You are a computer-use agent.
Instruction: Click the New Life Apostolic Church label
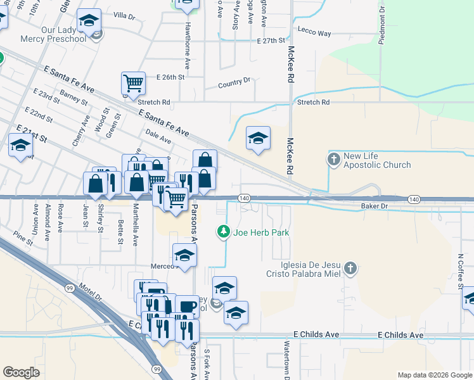click(377, 161)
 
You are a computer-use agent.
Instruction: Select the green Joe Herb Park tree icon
click(223, 232)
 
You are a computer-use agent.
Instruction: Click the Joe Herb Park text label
click(261, 232)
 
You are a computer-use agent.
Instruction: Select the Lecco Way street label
click(314, 33)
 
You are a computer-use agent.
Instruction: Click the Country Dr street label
click(234, 83)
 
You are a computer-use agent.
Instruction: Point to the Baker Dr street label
click(374, 206)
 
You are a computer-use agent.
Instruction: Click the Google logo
click(20, 372)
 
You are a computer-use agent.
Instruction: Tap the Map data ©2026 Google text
click(434, 375)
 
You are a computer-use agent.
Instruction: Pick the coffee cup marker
click(187, 307)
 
